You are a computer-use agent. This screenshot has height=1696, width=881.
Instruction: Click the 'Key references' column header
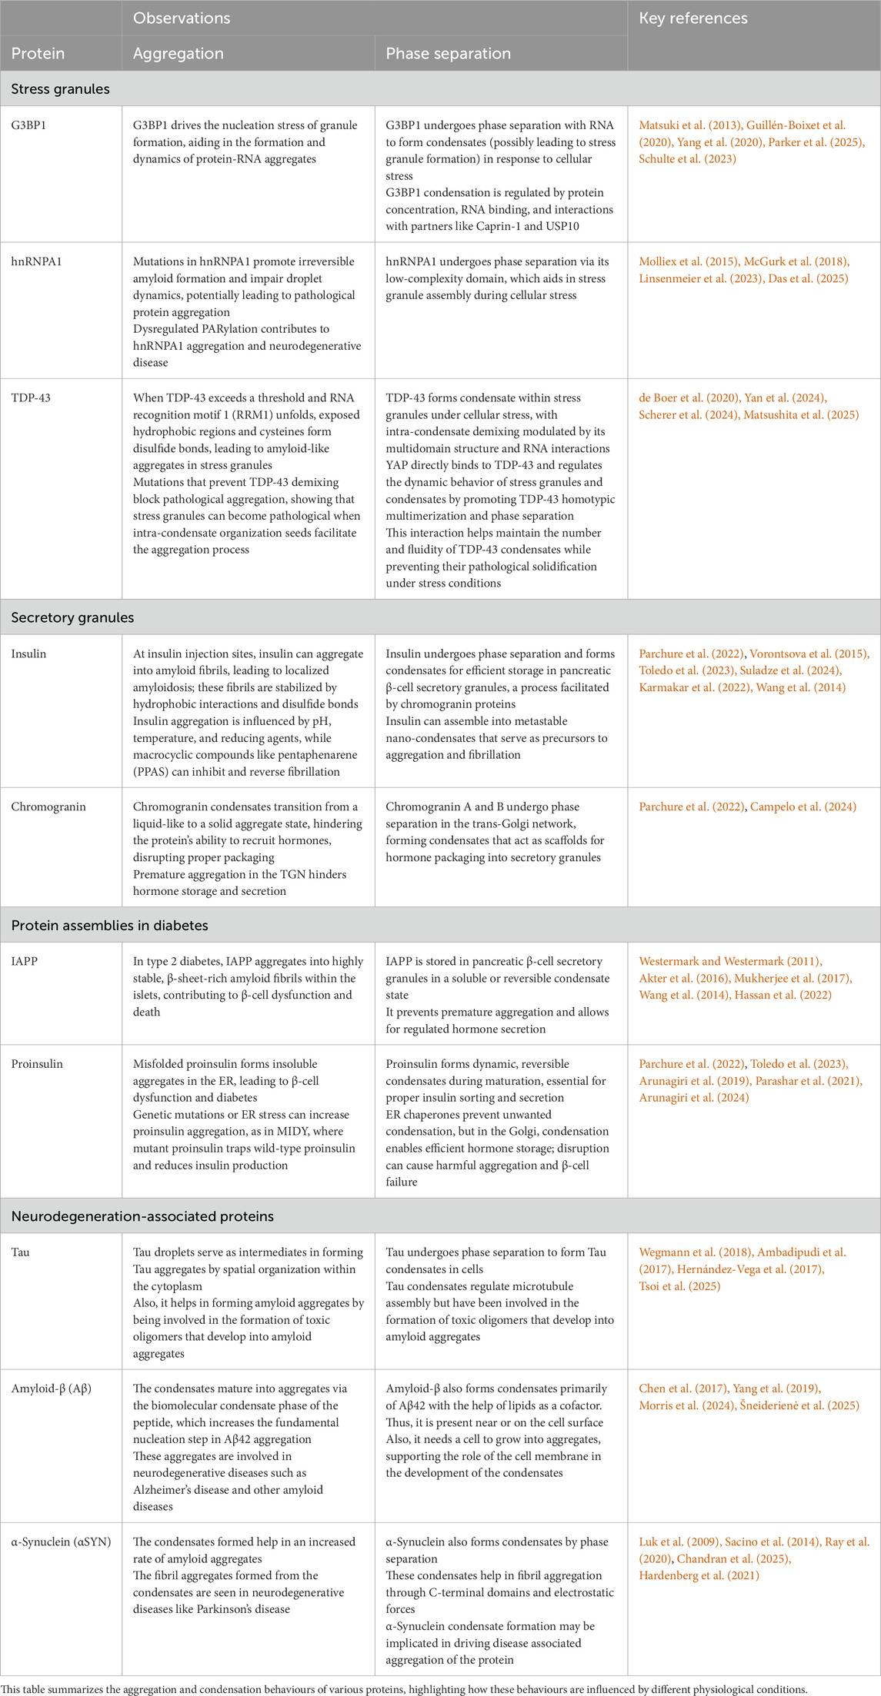point(693,18)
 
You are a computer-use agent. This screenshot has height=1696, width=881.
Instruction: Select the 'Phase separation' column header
point(448,53)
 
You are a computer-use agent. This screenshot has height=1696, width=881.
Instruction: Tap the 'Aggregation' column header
point(178,53)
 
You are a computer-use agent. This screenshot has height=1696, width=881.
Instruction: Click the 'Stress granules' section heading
point(60,89)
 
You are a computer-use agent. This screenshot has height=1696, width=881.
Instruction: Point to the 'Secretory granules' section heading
point(72,617)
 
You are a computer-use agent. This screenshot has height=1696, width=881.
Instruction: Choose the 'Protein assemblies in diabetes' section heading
point(109,925)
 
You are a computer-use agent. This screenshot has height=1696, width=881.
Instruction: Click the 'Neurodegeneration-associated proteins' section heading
point(142,1216)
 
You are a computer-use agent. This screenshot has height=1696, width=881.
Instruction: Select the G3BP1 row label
point(28,125)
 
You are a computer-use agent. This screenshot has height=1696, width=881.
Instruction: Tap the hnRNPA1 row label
point(36,261)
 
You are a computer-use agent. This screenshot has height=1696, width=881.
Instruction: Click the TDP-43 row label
point(31,397)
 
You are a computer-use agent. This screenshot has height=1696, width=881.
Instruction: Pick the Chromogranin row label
point(48,806)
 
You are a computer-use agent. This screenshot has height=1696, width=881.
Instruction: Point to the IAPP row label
point(24,961)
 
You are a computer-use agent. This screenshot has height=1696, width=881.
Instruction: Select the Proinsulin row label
point(37,1064)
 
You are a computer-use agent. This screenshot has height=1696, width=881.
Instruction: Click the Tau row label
point(20,1252)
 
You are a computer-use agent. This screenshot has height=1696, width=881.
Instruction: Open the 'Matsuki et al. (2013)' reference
point(689,125)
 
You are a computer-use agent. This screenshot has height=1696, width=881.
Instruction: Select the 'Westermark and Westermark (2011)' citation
point(730,961)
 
